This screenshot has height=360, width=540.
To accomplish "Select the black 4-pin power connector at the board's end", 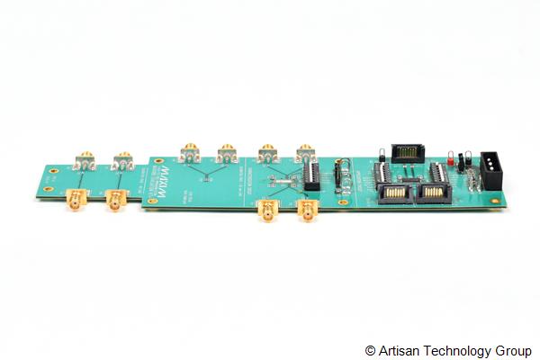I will [494, 170].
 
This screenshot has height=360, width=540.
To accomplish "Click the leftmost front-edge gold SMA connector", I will [77, 199].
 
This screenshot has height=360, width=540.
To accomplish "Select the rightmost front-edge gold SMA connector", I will [308, 213].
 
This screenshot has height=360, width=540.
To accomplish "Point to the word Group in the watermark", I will [513, 350].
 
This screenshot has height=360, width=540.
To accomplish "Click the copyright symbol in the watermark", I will [370, 350].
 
